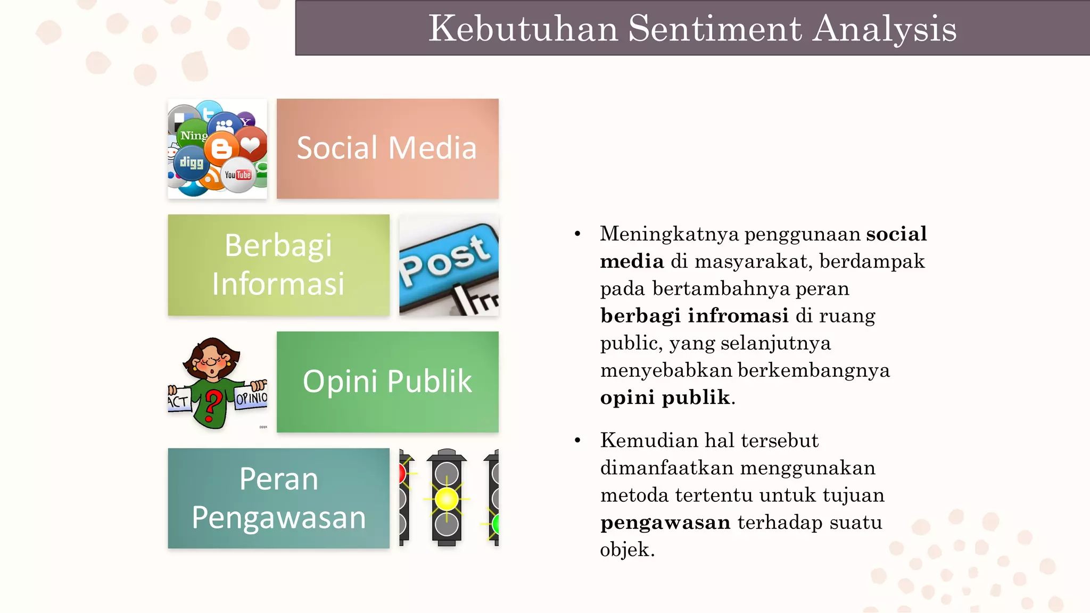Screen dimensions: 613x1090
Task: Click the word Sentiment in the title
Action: (x=714, y=28)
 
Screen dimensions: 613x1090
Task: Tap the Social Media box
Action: (x=387, y=148)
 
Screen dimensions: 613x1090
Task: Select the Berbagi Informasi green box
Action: (x=278, y=264)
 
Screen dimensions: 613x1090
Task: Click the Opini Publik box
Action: (x=387, y=382)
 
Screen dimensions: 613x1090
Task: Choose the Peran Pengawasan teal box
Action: (x=278, y=498)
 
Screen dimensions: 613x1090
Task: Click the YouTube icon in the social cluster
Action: (x=238, y=175)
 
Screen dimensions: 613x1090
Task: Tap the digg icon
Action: (x=191, y=162)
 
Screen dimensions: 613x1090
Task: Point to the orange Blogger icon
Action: (x=221, y=148)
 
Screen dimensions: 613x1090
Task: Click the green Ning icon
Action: (x=193, y=135)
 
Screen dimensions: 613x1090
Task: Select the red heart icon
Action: (x=250, y=144)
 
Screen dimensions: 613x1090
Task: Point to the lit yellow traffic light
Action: (x=446, y=499)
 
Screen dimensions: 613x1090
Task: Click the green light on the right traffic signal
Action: (x=496, y=524)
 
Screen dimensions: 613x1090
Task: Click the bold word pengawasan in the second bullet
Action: (x=665, y=523)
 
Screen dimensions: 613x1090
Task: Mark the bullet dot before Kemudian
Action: (x=577, y=441)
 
